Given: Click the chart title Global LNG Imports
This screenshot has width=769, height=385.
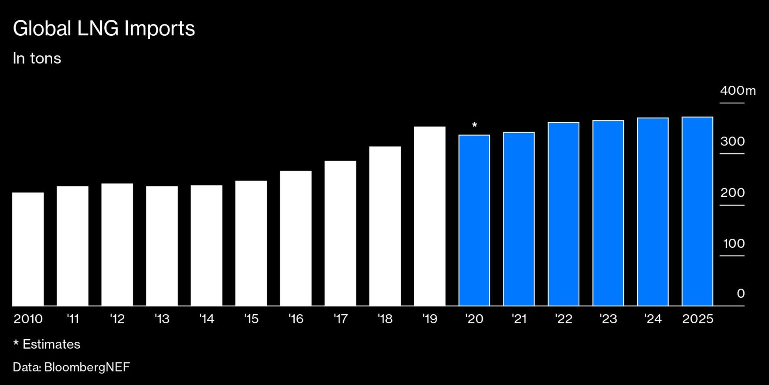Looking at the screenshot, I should (x=104, y=29).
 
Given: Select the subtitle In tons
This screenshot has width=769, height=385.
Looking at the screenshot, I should (x=37, y=59).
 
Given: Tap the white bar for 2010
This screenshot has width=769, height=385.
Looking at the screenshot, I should (x=28, y=249).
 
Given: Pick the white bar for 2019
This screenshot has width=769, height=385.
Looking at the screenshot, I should (x=430, y=216).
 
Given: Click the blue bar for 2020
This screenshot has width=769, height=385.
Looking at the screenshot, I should (x=474, y=220).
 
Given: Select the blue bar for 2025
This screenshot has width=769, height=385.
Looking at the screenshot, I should (x=697, y=211).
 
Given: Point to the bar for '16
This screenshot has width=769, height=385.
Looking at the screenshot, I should (x=296, y=238).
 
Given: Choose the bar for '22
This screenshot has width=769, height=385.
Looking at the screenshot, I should (x=563, y=214).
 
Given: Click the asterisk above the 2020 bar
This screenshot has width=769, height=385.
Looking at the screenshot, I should (x=475, y=125).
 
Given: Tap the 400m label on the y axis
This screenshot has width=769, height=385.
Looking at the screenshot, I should (x=737, y=91).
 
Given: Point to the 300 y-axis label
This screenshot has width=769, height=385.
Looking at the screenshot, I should (x=732, y=141).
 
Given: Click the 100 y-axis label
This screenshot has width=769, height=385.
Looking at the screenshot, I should (x=734, y=244).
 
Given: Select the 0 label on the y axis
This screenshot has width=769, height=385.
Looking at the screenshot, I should (x=740, y=293).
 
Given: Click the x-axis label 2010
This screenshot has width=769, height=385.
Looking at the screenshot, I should (x=28, y=319).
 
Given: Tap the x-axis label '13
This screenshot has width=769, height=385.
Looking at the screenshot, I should (x=162, y=319).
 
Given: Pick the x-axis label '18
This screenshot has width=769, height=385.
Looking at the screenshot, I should (x=385, y=319).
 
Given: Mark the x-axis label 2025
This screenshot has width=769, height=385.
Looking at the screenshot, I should (x=697, y=319).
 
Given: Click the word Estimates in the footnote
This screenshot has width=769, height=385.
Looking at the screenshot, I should (x=51, y=344).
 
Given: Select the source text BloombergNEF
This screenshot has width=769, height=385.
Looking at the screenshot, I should (x=87, y=367).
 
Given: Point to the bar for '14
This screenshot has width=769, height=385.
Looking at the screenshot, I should (x=206, y=246).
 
